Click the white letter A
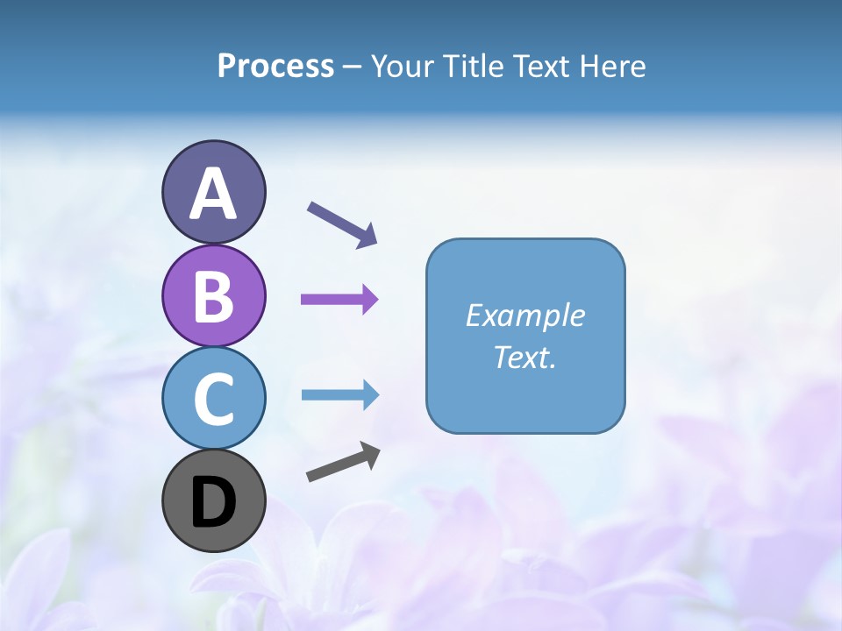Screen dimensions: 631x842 tap(213, 195)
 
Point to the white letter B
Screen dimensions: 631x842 tap(213, 297)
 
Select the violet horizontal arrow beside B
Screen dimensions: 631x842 tap(339, 300)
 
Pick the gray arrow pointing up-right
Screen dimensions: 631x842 tap(343, 462)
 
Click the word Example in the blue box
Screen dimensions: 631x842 tap(524, 315)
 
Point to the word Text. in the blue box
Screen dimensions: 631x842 tap(524, 357)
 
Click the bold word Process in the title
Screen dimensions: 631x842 tap(275, 66)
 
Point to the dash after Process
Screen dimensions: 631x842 tap(353, 67)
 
